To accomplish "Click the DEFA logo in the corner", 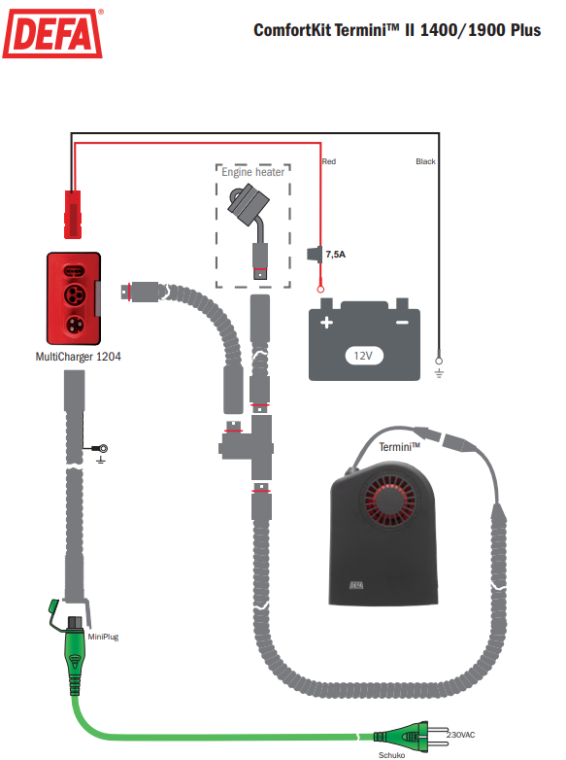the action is point(52,33).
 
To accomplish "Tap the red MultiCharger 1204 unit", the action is point(74,298).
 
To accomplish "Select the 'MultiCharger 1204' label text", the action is point(78,357).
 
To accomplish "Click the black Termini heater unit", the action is point(383,534).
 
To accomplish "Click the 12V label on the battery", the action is point(364,356).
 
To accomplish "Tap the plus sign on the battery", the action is point(326,322).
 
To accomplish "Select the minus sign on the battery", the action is point(402,323).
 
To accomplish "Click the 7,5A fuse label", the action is point(336,254).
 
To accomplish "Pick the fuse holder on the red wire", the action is point(315,254).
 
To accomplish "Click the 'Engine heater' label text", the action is point(252,172).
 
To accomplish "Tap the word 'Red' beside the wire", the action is point(329,161).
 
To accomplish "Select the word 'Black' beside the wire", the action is point(425,161).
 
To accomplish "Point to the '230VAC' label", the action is point(460,735).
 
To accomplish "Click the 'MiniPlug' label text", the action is point(103,637).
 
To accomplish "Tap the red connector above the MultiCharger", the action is point(73,214).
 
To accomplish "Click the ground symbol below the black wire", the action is point(439,373).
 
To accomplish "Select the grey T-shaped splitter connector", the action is point(247,447).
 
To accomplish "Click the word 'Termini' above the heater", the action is point(399,446).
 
